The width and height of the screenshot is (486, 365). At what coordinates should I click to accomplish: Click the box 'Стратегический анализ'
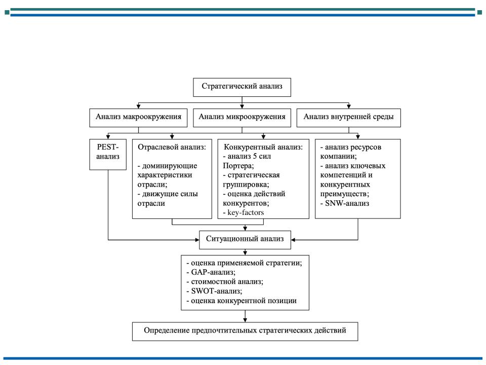[242, 87]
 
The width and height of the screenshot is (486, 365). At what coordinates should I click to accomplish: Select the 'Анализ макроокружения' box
[138, 118]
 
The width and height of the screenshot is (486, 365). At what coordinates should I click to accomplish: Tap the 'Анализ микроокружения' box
[242, 118]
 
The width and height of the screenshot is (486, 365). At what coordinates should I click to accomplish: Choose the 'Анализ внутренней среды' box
[348, 118]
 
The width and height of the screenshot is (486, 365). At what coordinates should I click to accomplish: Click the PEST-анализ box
[108, 154]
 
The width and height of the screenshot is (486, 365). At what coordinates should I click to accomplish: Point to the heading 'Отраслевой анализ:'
[172, 147]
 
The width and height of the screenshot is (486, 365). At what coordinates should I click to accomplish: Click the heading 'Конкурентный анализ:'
[263, 147]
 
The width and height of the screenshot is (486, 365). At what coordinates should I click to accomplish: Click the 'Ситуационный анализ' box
[245, 240]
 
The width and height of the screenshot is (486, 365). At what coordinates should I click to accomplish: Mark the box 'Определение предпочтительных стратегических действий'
[245, 332]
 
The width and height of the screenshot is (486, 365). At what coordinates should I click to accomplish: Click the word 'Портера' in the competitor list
[238, 166]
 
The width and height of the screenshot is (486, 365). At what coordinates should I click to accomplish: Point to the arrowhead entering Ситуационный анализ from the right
[293, 240]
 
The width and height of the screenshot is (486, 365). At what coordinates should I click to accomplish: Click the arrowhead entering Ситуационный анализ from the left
[197, 240]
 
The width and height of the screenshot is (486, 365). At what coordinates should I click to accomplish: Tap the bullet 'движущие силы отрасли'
[168, 199]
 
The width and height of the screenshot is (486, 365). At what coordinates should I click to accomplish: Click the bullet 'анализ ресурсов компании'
[350, 152]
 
